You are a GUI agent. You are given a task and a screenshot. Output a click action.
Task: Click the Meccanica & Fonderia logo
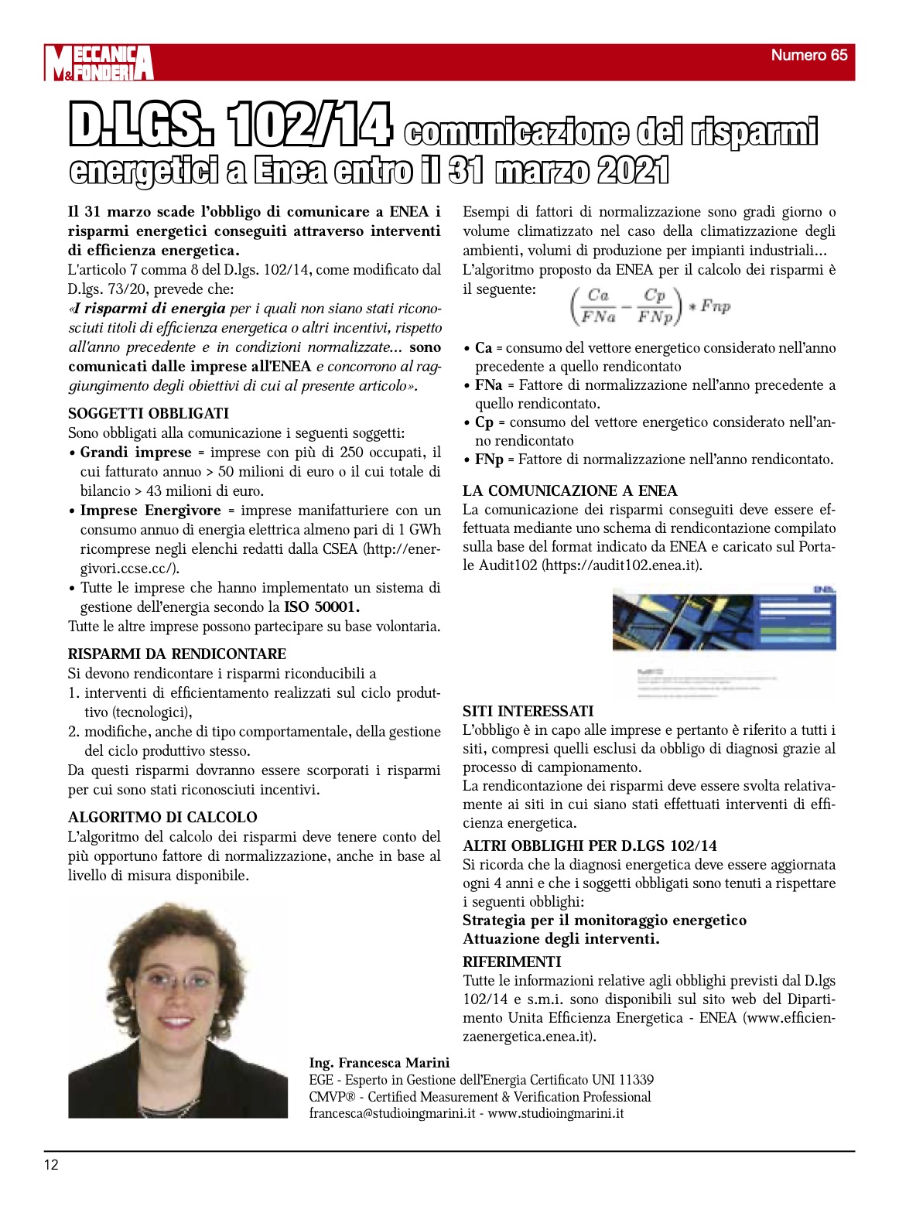click(98, 63)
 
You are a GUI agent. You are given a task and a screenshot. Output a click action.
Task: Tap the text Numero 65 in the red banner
click(808, 55)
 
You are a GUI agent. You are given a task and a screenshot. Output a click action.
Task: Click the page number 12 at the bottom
click(51, 1165)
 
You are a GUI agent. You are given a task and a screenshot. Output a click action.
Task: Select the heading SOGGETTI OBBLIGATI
click(149, 414)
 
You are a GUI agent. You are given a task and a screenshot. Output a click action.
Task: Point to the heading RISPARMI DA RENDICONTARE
click(177, 654)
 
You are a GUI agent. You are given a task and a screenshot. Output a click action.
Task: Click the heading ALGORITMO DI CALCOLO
click(162, 818)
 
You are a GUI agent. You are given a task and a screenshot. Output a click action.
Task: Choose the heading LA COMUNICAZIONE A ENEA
click(570, 490)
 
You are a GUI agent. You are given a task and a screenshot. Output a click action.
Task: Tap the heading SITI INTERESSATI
click(528, 711)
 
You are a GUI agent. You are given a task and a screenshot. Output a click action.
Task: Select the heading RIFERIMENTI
click(512, 962)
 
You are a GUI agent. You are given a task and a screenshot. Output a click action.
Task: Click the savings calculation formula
click(649, 306)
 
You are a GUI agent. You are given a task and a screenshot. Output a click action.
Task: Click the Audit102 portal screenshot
click(724, 642)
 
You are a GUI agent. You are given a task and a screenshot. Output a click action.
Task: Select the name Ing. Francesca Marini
click(379, 1063)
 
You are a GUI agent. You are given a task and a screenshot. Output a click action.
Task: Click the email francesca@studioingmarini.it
click(392, 1114)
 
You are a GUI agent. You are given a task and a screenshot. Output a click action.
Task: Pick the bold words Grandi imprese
click(135, 453)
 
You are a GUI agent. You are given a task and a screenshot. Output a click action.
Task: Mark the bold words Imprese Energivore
click(151, 511)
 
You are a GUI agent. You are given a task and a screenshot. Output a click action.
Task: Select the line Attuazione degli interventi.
click(561, 939)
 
